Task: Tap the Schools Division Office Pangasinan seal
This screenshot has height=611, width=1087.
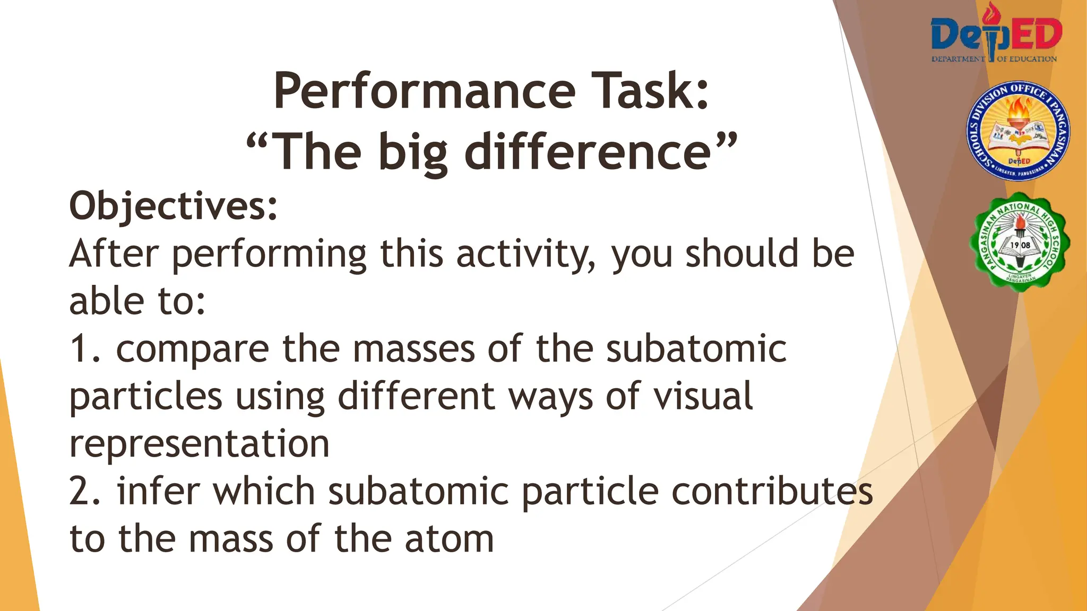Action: point(1017,132)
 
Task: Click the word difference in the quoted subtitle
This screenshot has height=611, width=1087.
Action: point(588,152)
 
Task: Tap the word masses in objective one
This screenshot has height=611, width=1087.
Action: point(414,349)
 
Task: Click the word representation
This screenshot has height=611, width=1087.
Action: point(200,444)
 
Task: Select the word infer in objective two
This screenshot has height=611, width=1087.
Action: point(158,491)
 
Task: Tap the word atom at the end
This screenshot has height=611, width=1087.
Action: point(449,539)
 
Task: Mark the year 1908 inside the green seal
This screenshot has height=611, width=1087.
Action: point(1020,245)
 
